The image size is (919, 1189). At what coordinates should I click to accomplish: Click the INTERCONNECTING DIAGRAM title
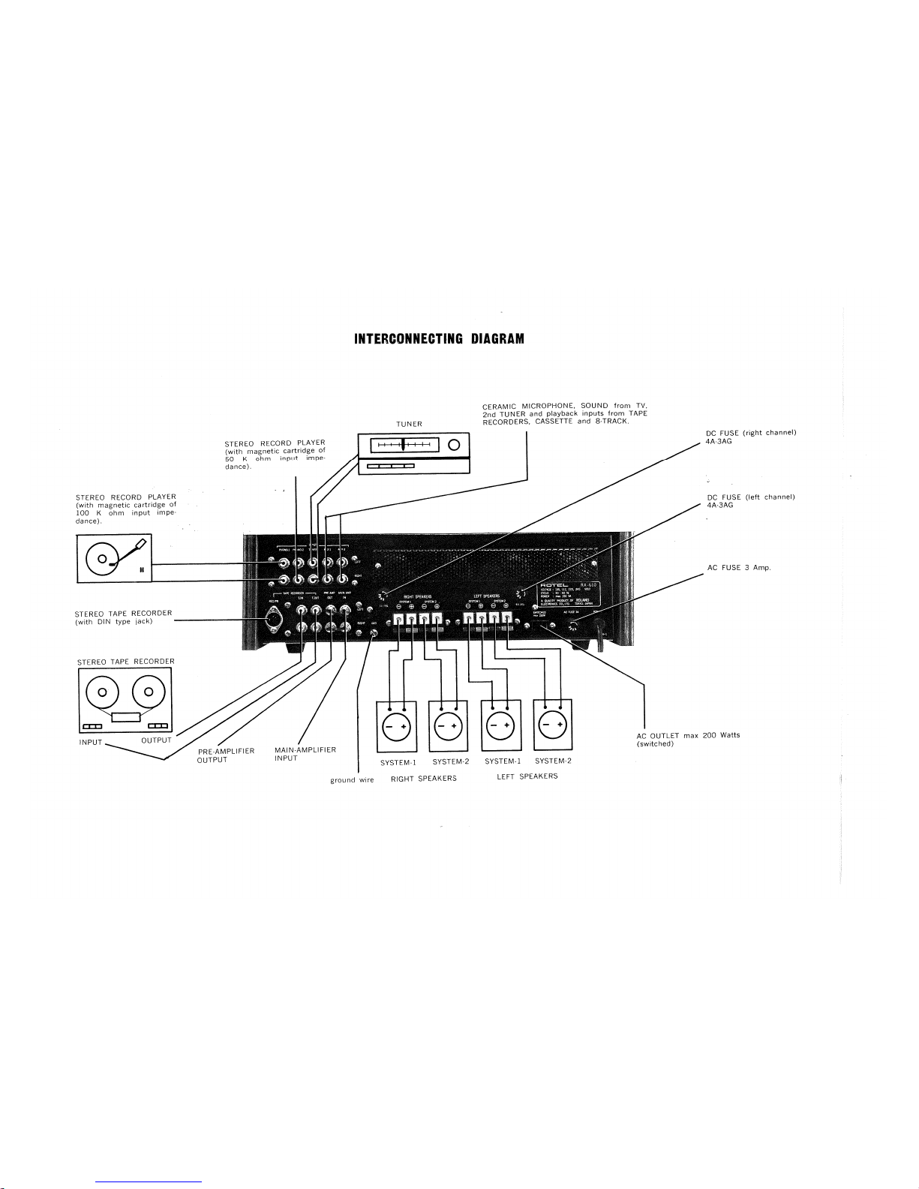point(439,339)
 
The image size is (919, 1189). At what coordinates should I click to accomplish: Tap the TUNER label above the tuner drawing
point(410,424)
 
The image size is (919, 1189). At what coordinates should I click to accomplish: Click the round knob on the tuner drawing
point(453,445)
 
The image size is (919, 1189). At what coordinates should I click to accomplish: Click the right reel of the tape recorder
point(149,692)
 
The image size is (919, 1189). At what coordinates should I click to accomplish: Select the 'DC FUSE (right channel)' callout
point(750,437)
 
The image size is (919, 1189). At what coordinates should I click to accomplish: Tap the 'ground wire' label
point(352,780)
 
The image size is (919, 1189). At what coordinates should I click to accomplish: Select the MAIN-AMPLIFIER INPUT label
point(305,753)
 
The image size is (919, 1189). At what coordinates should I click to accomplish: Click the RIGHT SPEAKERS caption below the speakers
point(424,779)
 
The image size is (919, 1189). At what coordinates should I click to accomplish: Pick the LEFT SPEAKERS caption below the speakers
point(527,776)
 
